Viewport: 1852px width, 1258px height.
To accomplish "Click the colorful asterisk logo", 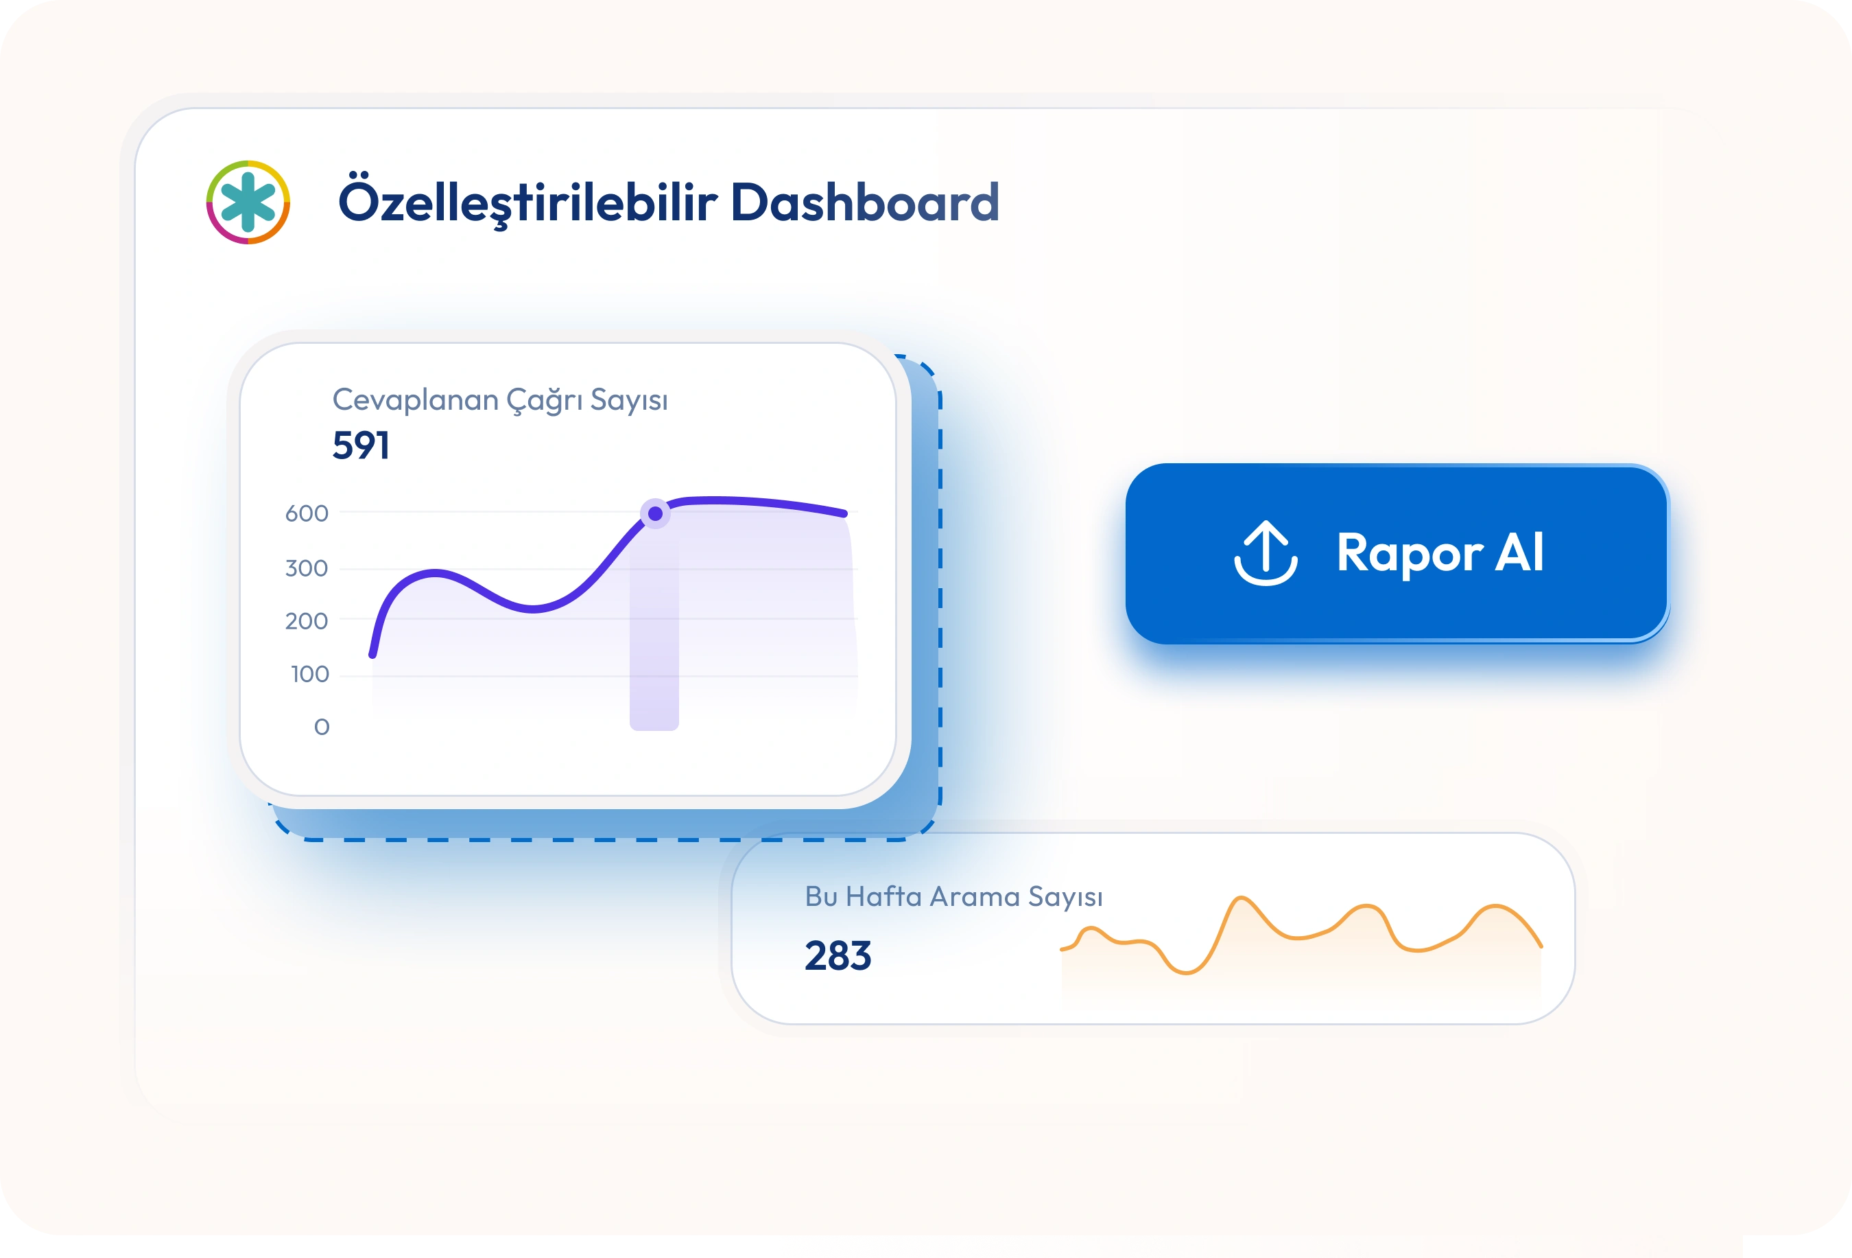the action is [x=248, y=202].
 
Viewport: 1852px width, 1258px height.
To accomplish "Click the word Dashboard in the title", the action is [x=865, y=202].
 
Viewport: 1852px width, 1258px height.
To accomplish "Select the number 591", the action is [x=361, y=445].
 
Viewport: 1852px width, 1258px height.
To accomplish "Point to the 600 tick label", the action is [x=307, y=513].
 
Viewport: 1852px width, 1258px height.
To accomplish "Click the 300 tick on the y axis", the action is [x=307, y=568].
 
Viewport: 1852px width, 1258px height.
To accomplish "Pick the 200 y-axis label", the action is [x=307, y=621].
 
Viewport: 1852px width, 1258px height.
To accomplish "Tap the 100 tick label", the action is [x=310, y=675].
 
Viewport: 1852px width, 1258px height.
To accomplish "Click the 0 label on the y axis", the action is [x=322, y=727].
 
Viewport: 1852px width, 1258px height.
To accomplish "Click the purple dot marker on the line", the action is [x=655, y=514].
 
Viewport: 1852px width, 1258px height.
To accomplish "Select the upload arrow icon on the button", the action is [x=1266, y=553].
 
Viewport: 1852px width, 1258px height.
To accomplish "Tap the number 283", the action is [x=838, y=955].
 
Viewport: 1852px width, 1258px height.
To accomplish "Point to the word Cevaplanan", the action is [x=416, y=399].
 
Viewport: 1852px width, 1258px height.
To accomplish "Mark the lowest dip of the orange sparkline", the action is [x=1186, y=972].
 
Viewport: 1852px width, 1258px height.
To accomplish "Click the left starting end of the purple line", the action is [x=373, y=655].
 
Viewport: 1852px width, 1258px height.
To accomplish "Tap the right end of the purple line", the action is [x=844, y=514].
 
